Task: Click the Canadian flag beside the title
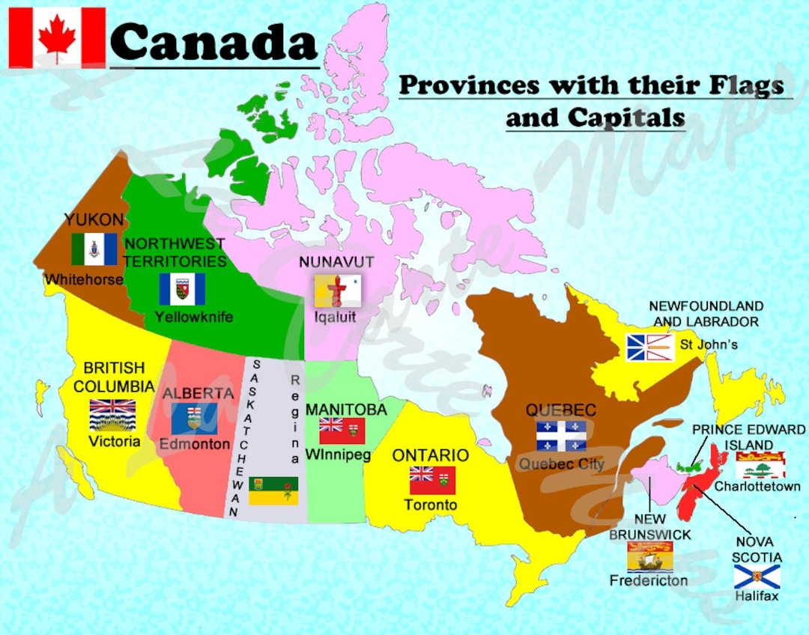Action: (57, 37)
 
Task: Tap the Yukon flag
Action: (94, 249)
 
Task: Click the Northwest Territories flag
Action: (182, 289)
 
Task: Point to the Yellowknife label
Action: (193, 317)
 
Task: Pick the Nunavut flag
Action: (337, 291)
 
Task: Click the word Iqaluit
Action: (335, 317)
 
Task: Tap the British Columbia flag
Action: (112, 416)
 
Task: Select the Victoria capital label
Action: (114, 441)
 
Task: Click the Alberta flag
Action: (194, 419)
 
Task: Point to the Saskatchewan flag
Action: (273, 490)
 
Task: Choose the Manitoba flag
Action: (342, 431)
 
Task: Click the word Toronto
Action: (431, 505)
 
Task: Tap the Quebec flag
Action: (561, 436)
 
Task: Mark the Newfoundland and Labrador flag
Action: (650, 347)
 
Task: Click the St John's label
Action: (709, 345)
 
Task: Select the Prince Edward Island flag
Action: (760, 465)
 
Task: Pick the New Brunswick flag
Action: (649, 556)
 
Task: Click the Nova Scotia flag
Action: (756, 577)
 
